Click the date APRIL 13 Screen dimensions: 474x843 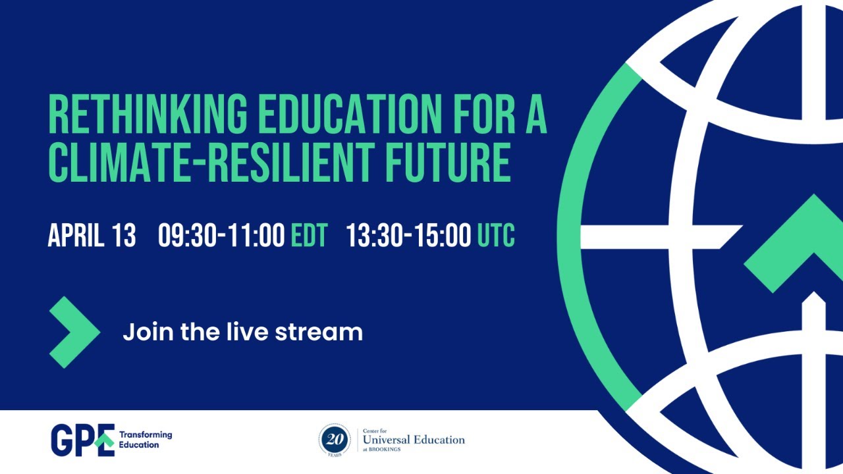tap(92, 235)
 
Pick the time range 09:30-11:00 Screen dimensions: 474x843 tap(221, 235)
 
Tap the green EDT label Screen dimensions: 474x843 tap(309, 235)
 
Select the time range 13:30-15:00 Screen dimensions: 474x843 tap(408, 235)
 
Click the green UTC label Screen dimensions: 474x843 tap(496, 235)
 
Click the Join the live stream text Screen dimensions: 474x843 tap(242, 331)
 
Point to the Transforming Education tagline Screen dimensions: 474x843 tap(145, 440)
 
